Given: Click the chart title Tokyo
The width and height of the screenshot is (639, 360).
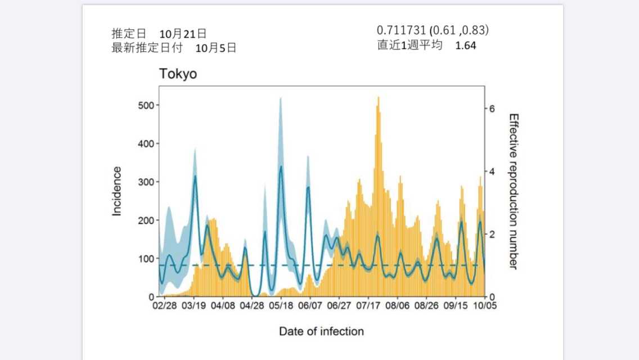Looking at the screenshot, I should [x=178, y=74].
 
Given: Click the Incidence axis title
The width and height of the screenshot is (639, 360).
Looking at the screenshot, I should [x=117, y=191].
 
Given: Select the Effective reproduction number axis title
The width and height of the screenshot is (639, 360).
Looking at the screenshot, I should [x=513, y=191].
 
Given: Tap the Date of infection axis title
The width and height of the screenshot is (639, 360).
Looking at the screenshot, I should [x=321, y=331].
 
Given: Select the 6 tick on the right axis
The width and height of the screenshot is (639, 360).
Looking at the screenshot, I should [x=492, y=109].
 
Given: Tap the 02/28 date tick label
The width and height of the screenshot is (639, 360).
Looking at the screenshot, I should [x=165, y=307].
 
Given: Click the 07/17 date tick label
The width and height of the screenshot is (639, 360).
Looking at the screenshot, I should [x=368, y=307].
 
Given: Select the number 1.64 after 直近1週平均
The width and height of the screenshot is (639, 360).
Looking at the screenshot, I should [x=466, y=46].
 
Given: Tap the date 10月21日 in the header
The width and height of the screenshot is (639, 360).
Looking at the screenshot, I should [x=183, y=34].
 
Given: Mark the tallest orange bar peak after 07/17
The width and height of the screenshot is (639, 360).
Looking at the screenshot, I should [x=378, y=98].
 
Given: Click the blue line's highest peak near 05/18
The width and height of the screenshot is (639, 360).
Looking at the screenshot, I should [x=281, y=166].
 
